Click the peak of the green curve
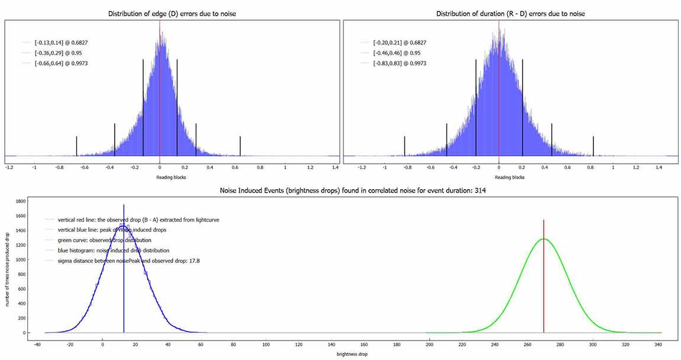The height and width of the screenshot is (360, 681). [543, 239]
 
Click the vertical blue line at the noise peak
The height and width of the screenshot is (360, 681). [124, 272]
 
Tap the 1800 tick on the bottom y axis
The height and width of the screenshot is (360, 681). [21, 202]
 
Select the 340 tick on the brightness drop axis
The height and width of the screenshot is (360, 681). [658, 343]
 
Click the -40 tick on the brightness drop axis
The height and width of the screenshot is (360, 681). [37, 343]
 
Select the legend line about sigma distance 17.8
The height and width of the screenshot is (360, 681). [128, 261]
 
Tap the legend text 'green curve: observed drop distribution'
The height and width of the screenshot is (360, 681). [104, 240]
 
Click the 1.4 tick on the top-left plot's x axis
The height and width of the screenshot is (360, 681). [336, 167]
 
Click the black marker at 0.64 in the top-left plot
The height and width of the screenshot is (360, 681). [240, 146]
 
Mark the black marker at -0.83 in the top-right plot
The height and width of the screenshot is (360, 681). [404, 146]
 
